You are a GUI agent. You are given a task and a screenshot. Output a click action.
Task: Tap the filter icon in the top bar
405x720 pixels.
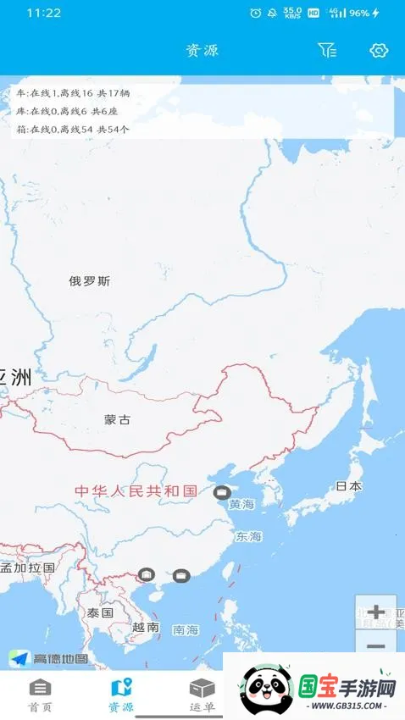(327, 51)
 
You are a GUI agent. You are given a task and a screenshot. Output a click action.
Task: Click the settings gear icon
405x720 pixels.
(378, 51)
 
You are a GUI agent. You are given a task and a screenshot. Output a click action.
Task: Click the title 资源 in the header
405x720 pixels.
(202, 51)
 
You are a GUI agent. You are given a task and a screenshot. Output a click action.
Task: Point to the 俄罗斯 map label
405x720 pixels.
(90, 281)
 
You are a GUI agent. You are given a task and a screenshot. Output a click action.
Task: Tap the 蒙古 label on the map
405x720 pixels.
(118, 419)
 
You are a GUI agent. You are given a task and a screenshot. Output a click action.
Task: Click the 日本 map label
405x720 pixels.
(348, 486)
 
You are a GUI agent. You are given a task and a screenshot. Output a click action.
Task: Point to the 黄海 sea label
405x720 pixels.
(241, 505)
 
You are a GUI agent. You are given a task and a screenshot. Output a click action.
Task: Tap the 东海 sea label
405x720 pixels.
(249, 537)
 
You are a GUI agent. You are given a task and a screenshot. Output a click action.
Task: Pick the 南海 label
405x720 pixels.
(186, 630)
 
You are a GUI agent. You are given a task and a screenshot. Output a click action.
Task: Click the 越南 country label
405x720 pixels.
(146, 628)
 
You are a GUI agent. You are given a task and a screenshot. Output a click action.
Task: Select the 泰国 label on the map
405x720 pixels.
(100, 612)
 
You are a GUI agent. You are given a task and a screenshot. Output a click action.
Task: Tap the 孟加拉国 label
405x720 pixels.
(28, 568)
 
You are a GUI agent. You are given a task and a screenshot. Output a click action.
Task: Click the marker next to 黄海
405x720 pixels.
(222, 492)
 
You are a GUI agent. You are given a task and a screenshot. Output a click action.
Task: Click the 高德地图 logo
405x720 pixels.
(49, 658)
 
